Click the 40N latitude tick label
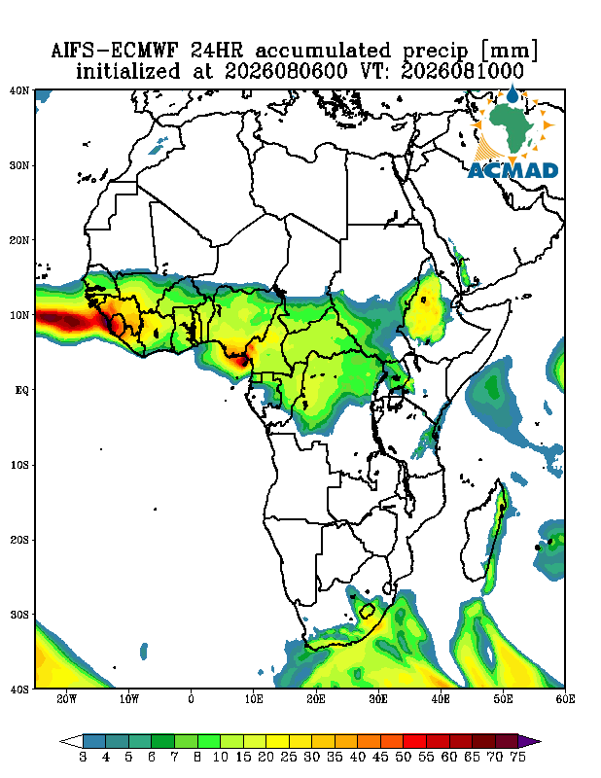(19, 90)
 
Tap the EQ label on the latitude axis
(22, 390)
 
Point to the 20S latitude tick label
(19, 540)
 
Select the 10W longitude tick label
(129, 699)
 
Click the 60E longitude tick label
(565, 699)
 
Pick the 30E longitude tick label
(378, 699)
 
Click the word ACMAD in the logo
(513, 170)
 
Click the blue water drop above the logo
(513, 93)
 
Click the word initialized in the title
(128, 71)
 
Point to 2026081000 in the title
(462, 71)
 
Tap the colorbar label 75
(517, 758)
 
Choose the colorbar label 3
(83, 758)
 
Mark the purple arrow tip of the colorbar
(541, 742)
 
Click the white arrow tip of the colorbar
(60, 742)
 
